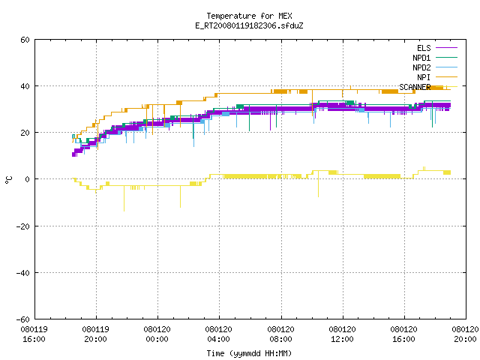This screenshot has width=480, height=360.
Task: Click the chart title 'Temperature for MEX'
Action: [249, 16]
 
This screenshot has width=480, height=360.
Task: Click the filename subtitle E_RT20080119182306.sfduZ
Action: [249, 25]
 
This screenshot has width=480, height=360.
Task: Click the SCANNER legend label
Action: [415, 87]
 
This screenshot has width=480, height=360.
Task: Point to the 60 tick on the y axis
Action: [25, 40]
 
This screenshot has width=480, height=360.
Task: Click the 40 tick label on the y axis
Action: [25, 86]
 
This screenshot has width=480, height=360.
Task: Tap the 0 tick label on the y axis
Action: [28, 179]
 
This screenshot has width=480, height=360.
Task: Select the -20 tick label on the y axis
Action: [23, 226]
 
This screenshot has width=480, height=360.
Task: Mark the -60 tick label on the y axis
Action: [23, 319]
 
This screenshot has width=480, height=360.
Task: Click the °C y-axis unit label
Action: [9, 180]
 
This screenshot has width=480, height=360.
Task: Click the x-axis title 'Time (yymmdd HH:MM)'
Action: [249, 353]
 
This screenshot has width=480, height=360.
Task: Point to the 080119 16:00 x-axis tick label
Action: [34, 334]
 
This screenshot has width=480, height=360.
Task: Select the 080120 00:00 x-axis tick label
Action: [157, 334]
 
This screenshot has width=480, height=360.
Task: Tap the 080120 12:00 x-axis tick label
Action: [342, 334]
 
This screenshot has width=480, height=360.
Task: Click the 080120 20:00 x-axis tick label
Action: [465, 334]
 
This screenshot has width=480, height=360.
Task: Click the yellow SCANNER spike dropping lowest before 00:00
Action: [124, 198]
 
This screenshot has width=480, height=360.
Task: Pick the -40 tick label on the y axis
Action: [23, 273]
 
